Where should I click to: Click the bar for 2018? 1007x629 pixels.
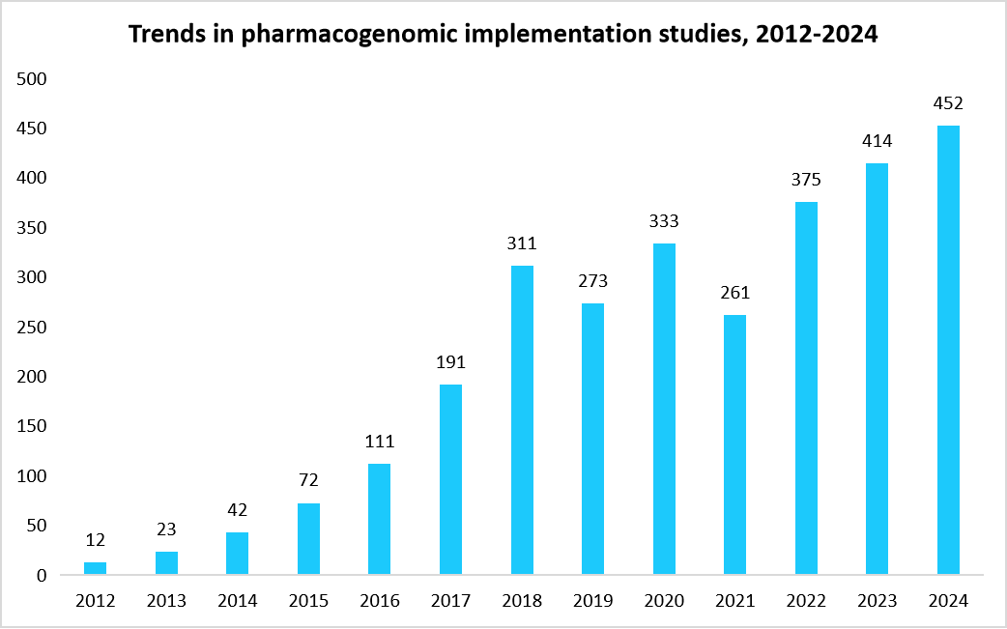(522, 420)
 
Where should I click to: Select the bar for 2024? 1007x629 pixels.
(948, 350)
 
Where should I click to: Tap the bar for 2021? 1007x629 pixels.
(734, 444)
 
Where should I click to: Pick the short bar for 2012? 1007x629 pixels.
(96, 568)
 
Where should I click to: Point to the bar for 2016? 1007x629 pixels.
(380, 519)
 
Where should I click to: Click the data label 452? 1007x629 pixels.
(948, 103)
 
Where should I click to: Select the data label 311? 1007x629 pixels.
(522, 243)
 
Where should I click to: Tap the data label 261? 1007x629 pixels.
(734, 292)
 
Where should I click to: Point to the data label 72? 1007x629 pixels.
(308, 480)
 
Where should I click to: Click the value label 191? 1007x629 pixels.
(450, 362)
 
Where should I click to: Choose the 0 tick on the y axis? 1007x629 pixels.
(42, 576)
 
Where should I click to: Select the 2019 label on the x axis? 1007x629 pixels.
(592, 601)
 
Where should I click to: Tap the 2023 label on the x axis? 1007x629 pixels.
(877, 601)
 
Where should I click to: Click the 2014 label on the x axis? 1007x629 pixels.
(238, 601)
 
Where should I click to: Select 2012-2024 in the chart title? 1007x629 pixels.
(819, 35)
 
